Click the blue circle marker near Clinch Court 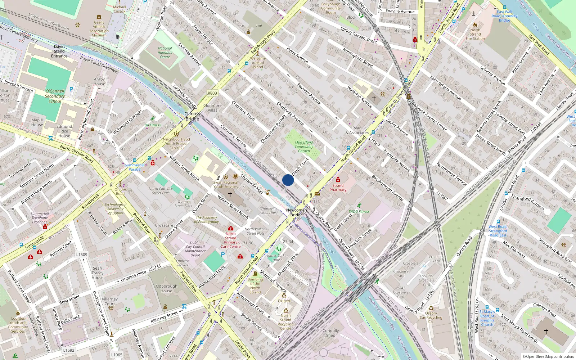pos(288,180)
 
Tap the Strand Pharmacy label pos(338,188)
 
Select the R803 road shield pos(212,93)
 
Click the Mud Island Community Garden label pos(304,147)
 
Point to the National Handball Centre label pos(165,53)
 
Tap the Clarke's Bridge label pos(192,116)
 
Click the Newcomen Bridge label pos(296,212)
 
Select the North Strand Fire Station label pos(475,34)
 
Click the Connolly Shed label pos(330,333)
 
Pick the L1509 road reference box pos(82,255)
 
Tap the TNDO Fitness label pos(359,212)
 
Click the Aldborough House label pos(166,288)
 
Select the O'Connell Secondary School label pos(55,96)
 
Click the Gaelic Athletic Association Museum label pos(99,29)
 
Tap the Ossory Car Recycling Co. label pos(431,318)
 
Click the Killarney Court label pos(109,301)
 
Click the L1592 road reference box pos(68,350)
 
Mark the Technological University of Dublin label pos(116,209)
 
